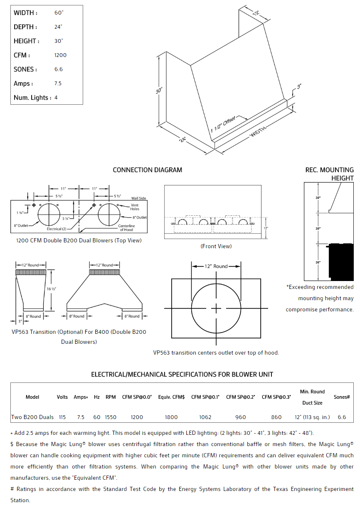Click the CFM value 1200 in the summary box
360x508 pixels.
click(60, 55)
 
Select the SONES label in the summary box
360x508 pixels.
click(25, 69)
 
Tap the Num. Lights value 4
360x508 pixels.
click(56, 98)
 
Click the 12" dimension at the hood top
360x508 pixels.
click(256, 12)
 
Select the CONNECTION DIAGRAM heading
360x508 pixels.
click(147, 170)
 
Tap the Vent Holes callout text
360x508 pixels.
click(135, 207)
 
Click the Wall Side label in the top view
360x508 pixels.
click(138, 198)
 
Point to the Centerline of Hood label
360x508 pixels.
click(126, 228)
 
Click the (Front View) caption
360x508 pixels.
click(216, 247)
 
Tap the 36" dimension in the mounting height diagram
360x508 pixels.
click(318, 262)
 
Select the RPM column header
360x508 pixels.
click(111, 397)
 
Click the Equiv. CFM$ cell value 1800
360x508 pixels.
click(171, 417)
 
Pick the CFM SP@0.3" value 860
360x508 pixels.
click(276, 417)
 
